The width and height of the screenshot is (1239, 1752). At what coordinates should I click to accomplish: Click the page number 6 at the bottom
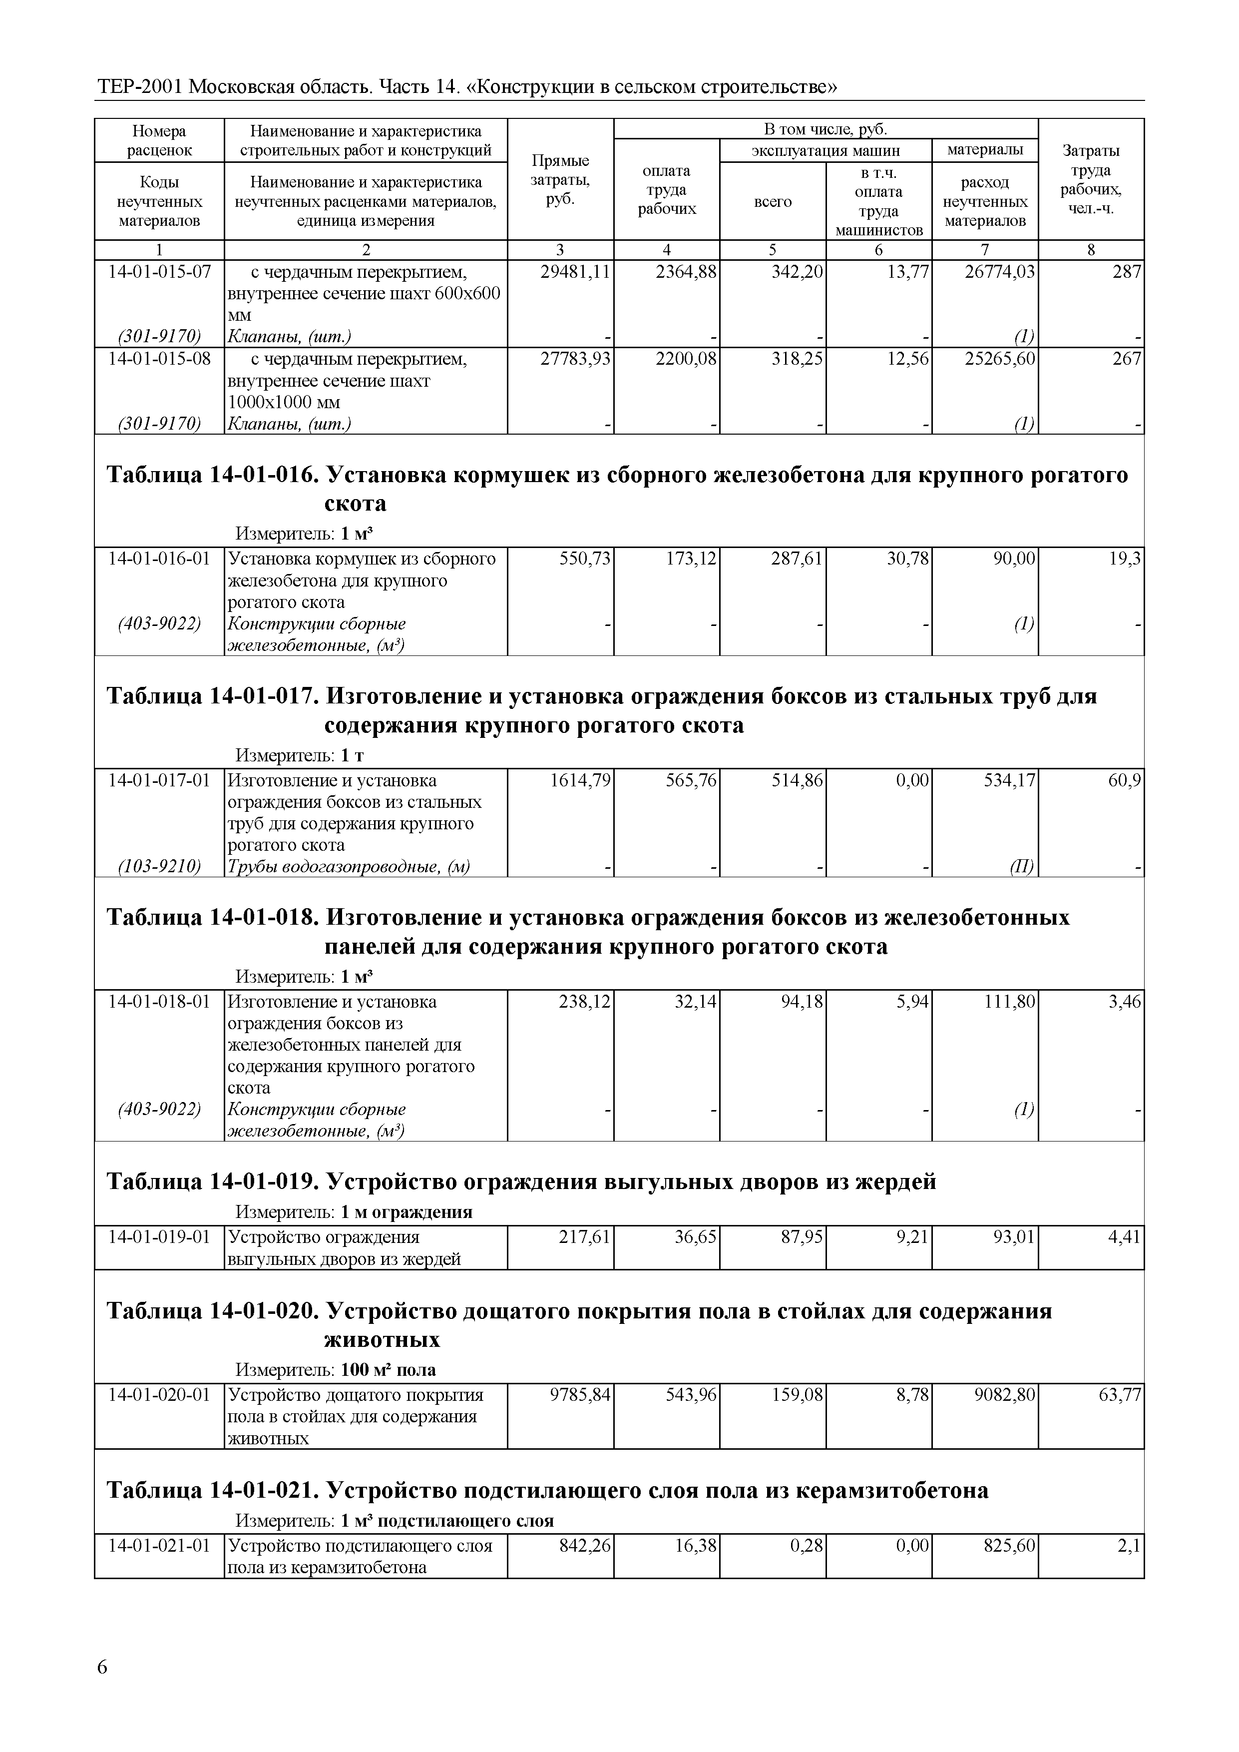(102, 1667)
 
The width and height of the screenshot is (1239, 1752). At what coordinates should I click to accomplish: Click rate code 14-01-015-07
(159, 272)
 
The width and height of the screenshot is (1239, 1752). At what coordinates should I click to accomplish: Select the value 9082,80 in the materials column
(1000, 1395)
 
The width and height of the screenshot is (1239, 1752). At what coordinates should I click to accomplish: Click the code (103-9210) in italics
(159, 866)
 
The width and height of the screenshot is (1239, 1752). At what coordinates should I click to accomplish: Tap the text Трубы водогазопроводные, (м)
(349, 866)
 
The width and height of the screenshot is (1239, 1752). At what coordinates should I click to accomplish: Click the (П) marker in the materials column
(1022, 866)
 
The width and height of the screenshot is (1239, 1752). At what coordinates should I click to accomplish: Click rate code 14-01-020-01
(159, 1395)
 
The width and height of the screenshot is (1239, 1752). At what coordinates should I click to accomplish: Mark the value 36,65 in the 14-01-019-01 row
(696, 1237)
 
